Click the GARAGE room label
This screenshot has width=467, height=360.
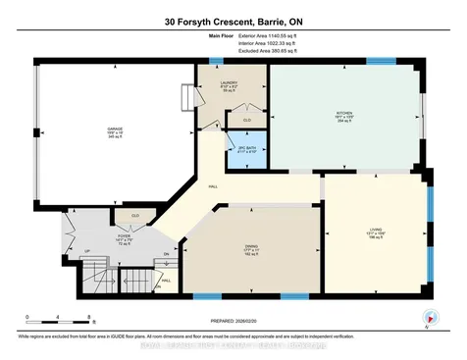click(115, 129)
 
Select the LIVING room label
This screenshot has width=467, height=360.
click(374, 232)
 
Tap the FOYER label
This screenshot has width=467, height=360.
click(124, 235)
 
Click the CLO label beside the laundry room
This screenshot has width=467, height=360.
click(247, 121)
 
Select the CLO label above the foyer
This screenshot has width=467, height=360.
click(134, 216)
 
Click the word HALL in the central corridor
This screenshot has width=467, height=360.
click(212, 186)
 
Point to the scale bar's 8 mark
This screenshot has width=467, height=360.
click(91, 317)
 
